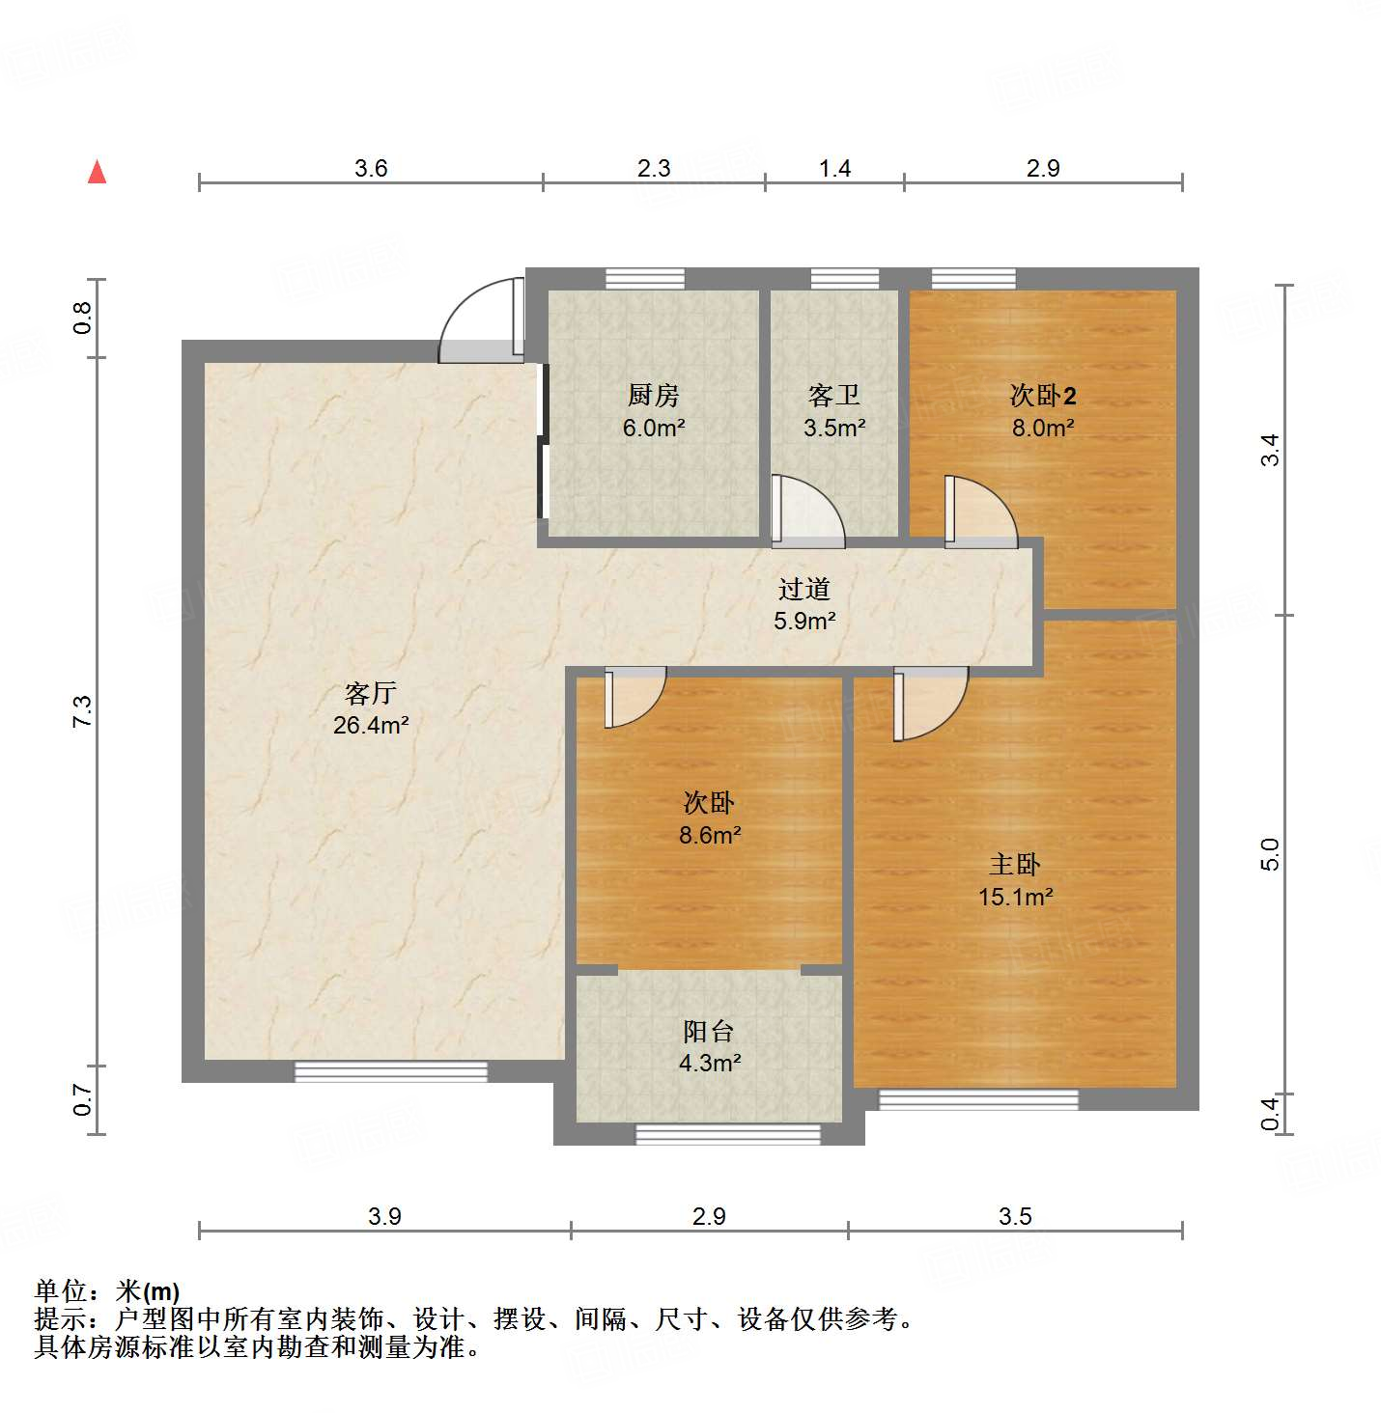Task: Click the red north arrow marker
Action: (97, 172)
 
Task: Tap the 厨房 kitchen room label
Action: (654, 395)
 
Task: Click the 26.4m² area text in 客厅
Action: (371, 725)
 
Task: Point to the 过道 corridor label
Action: (804, 589)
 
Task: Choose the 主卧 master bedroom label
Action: (1015, 865)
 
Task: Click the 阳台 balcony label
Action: (709, 1032)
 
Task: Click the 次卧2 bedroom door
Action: (979, 512)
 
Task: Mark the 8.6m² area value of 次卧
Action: (710, 835)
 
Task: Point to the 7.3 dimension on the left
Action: (83, 711)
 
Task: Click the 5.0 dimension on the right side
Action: (1270, 854)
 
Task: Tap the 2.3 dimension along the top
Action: (654, 169)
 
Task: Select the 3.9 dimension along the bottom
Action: (384, 1216)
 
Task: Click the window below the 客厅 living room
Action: (391, 1071)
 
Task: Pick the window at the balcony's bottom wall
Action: (728, 1134)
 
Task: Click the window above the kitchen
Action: (645, 279)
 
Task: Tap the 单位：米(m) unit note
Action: (107, 1291)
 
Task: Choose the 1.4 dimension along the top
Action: (834, 169)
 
